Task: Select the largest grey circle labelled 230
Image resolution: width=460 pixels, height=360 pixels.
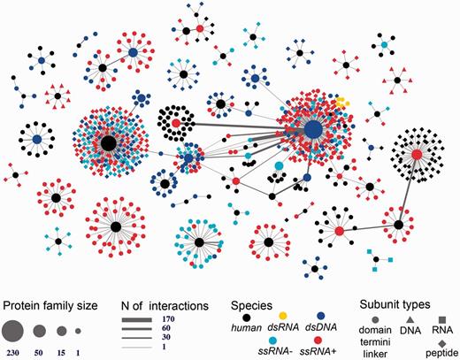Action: coord(12,332)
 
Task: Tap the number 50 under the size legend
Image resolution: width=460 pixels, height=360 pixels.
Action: coord(41,353)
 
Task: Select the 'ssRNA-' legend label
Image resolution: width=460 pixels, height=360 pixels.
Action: coord(256,341)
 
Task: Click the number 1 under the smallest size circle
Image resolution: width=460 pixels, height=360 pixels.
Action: coord(80,353)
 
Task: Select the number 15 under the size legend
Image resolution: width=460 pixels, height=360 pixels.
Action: coord(61,353)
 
